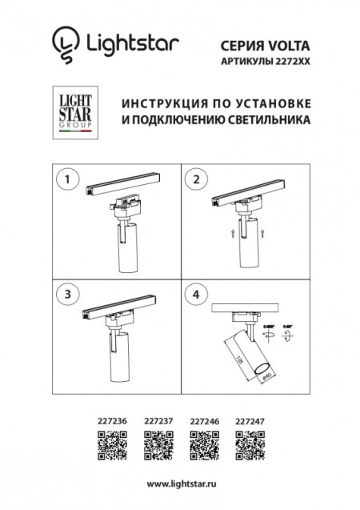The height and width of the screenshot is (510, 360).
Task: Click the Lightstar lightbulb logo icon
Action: point(65,42)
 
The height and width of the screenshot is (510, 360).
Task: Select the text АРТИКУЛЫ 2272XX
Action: point(263,61)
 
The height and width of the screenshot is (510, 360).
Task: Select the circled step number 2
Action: point(195,180)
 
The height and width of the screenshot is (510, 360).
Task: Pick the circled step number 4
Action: point(195,293)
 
